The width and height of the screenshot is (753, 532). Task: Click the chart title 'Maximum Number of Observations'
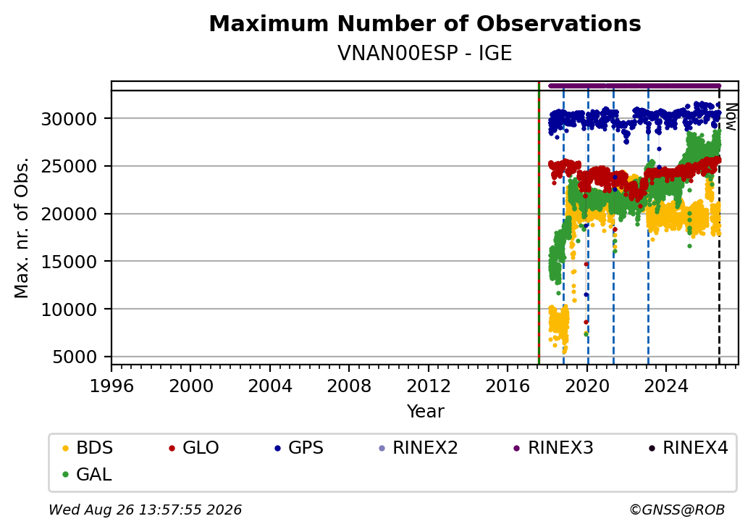click(425, 23)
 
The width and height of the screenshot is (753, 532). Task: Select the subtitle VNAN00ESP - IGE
click(425, 54)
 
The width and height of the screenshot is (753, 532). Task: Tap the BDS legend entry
click(88, 448)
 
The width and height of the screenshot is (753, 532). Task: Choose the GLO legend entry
click(194, 448)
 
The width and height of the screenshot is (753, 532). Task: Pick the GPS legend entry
click(299, 448)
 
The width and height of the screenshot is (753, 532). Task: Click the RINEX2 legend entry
click(418, 448)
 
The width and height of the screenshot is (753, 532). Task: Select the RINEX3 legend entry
click(553, 448)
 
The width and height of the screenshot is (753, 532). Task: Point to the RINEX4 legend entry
click(688, 448)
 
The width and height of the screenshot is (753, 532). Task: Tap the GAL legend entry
click(88, 474)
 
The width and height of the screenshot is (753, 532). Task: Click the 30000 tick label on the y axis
click(70, 119)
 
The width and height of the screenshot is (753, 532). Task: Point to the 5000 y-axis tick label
click(75, 357)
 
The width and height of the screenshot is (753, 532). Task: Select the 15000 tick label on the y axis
click(70, 262)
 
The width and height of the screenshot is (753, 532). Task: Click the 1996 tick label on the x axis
click(112, 386)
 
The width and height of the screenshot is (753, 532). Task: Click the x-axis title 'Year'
click(426, 412)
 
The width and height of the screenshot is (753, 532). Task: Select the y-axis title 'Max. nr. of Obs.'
click(22, 228)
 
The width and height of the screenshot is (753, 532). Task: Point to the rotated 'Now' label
click(731, 117)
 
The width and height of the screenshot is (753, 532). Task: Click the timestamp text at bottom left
click(145, 510)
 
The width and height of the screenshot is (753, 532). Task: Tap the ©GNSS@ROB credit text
click(677, 510)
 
